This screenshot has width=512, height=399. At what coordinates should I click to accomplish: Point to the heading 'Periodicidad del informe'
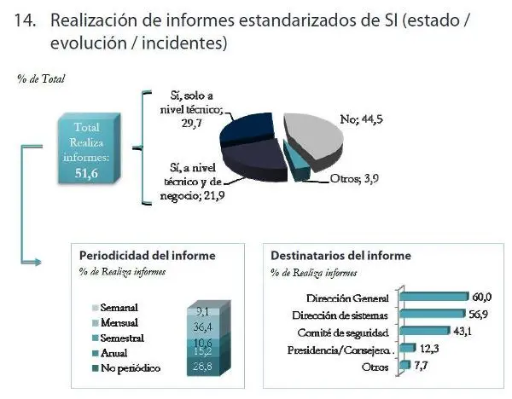[x=147, y=254]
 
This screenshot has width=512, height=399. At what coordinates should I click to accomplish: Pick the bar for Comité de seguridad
[x=420, y=331]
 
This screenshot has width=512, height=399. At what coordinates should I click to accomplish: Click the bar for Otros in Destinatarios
[x=403, y=365]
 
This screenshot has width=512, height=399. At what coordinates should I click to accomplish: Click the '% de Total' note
[x=40, y=78]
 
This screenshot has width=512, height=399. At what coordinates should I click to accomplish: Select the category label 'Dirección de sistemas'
[x=346, y=314]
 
